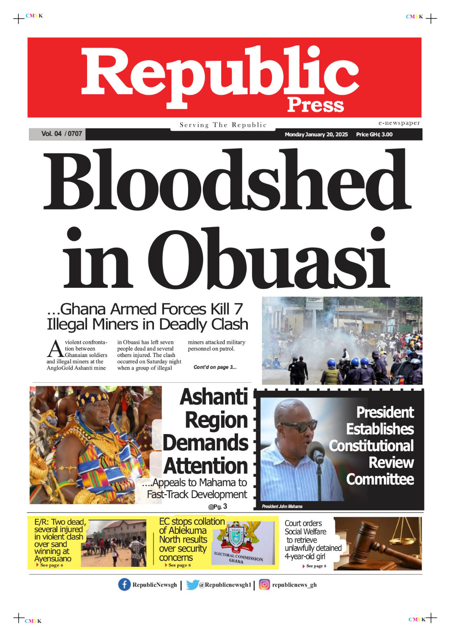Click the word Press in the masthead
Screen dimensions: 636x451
tap(315, 105)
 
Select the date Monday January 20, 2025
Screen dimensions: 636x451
tap(316, 134)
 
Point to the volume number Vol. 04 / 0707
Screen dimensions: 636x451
tap(62, 134)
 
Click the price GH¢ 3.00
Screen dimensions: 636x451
tap(374, 134)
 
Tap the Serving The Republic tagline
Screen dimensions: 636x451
tap(223, 125)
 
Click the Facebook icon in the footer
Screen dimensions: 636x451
tap(124, 584)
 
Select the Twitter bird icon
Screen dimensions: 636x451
tap(192, 584)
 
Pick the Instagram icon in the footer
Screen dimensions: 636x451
tap(264, 584)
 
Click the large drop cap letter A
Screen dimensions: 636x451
tap(55, 349)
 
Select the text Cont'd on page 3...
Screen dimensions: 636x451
tap(215, 367)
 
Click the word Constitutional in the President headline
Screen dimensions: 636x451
tap(371, 446)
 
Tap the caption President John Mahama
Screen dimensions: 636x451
tap(282, 506)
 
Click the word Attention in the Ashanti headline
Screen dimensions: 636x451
tap(206, 466)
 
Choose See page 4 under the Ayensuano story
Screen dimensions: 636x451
tap(51, 565)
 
